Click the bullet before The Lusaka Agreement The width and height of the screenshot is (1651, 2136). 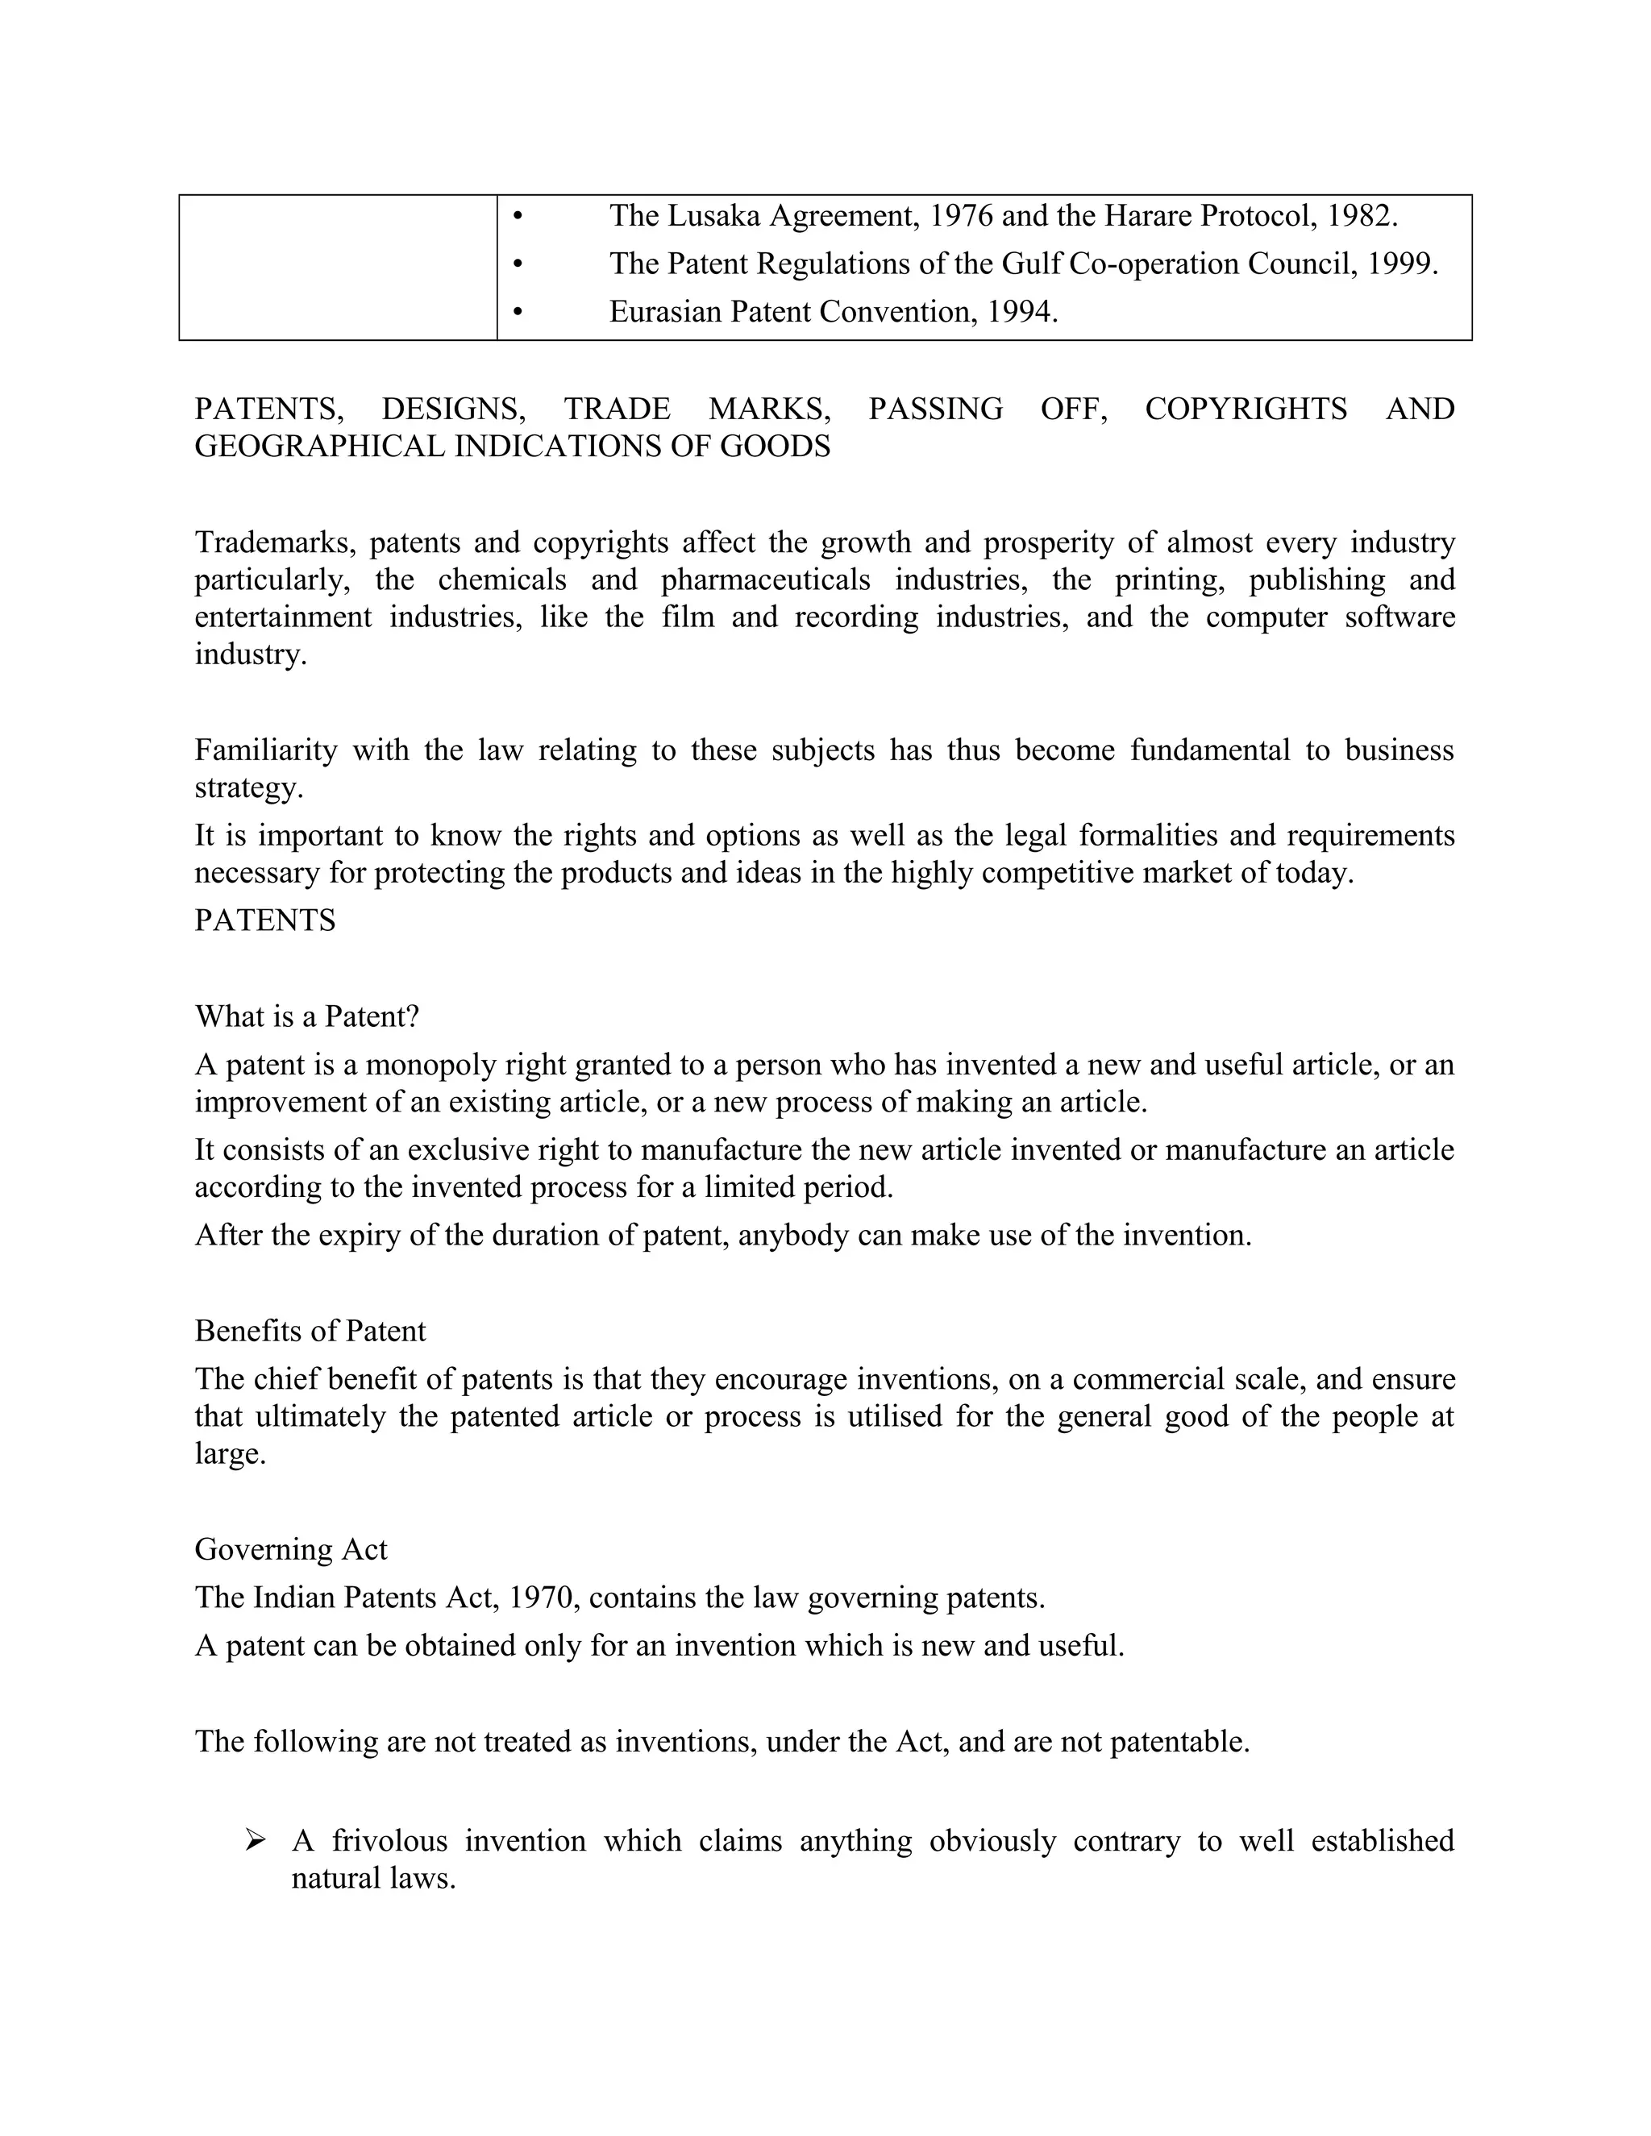point(518,216)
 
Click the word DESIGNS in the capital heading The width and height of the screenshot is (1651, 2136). point(453,409)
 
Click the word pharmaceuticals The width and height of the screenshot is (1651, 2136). point(765,580)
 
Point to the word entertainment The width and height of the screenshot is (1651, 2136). point(283,617)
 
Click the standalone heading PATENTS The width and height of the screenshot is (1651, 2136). point(265,920)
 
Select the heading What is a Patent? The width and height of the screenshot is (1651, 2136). point(307,1017)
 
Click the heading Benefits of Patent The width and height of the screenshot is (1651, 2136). point(310,1331)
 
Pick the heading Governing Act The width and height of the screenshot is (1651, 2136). point(290,1549)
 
